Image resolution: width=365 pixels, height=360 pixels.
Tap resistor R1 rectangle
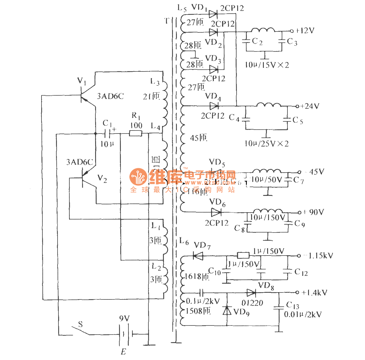point(135,133)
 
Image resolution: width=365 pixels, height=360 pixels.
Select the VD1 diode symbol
point(213,14)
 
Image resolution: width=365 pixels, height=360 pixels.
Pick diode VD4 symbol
point(214,106)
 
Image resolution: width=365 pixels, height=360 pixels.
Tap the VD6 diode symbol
point(216,212)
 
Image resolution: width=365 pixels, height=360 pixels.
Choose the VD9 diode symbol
point(227,311)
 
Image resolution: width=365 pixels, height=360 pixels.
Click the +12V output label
point(305,31)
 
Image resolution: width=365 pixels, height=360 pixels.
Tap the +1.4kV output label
point(314,293)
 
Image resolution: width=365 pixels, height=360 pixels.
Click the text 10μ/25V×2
point(267,144)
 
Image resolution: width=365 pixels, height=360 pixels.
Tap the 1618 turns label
point(197,276)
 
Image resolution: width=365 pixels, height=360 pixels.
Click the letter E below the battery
point(123,352)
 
